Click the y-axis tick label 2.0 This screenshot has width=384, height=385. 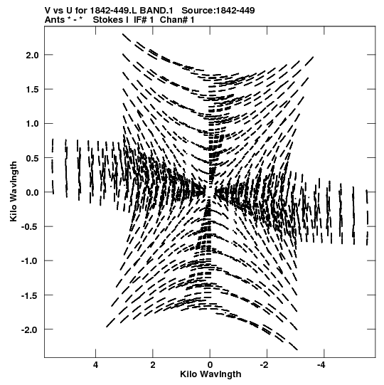(x=33, y=56)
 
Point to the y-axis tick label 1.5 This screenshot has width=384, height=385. (x=33, y=90)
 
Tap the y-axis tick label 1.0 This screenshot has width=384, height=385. (x=33, y=124)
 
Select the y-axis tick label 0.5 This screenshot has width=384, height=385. (x=33, y=159)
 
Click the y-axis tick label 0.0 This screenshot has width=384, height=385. (x=33, y=193)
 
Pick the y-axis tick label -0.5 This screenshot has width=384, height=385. (x=30, y=226)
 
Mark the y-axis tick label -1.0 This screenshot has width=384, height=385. (x=30, y=261)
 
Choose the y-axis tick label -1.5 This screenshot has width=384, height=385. (x=30, y=295)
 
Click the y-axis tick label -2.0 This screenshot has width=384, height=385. (x=30, y=330)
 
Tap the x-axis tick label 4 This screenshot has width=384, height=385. (x=96, y=365)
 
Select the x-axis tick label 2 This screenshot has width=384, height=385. (x=153, y=365)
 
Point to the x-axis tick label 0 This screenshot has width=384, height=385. (x=210, y=365)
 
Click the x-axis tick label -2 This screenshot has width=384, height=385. (x=265, y=365)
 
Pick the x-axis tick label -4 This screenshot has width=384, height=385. (x=322, y=365)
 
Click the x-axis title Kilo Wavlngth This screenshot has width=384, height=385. (x=210, y=374)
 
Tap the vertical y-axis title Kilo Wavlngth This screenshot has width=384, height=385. (x=14, y=191)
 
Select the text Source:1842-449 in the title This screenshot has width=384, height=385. (x=218, y=10)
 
